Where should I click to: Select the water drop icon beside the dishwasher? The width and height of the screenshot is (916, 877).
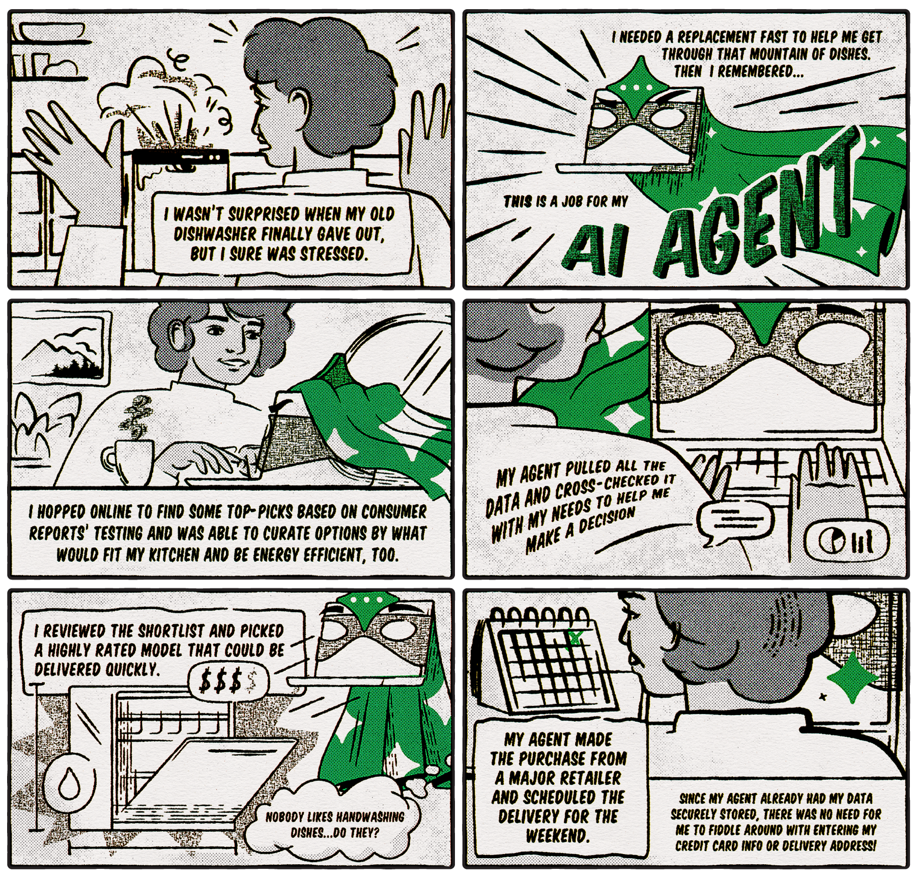tap(70, 782)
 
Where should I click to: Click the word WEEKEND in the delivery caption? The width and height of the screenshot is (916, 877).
tap(558, 836)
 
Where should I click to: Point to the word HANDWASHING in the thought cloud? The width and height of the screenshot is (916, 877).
tap(370, 817)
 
